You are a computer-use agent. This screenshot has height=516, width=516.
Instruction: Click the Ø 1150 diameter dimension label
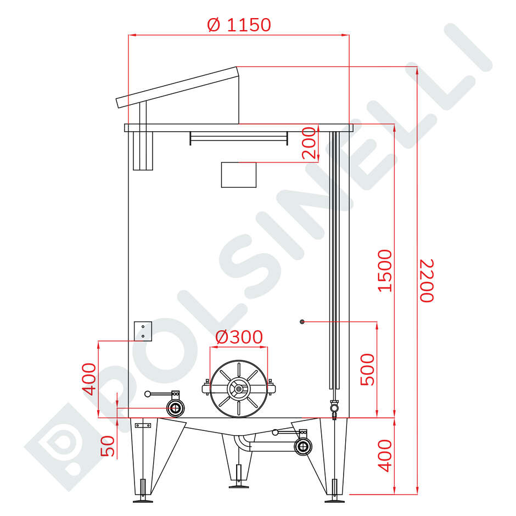click(x=239, y=25)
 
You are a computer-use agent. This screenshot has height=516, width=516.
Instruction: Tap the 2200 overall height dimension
click(x=427, y=280)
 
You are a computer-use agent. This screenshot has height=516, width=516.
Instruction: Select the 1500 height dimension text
click(x=386, y=271)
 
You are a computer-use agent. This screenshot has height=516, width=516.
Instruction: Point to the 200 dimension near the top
click(x=310, y=143)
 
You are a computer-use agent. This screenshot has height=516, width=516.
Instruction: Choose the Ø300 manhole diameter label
click(x=239, y=337)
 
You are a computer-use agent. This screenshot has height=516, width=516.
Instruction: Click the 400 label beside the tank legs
click(x=386, y=455)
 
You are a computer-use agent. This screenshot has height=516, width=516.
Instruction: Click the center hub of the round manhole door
click(x=239, y=389)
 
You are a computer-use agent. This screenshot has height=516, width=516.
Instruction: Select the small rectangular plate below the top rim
click(x=239, y=175)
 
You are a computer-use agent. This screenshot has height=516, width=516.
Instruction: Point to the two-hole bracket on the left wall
click(x=143, y=331)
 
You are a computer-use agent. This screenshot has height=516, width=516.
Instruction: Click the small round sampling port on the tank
click(x=302, y=321)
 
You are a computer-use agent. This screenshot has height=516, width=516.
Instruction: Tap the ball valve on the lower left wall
click(x=176, y=408)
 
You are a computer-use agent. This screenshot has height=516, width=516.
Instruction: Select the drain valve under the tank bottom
click(x=302, y=446)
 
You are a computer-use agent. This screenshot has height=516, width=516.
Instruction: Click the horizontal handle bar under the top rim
click(x=239, y=137)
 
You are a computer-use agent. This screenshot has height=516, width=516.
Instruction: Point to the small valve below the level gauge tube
click(x=334, y=408)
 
